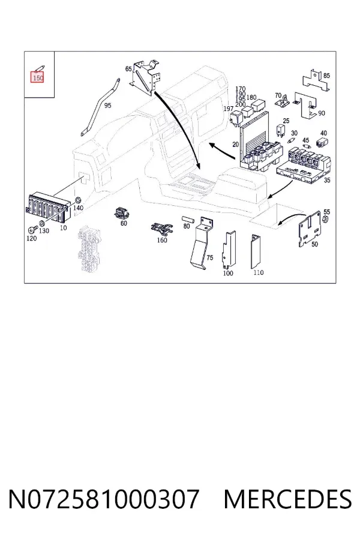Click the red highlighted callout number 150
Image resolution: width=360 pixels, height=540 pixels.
[38, 78]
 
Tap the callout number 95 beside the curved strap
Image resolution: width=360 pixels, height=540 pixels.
[108, 106]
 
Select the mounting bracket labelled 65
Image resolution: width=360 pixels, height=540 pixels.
[146, 77]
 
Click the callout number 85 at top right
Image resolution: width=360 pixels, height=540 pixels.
[326, 76]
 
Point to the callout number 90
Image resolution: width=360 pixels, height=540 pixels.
[322, 113]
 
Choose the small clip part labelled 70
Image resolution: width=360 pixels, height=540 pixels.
[283, 102]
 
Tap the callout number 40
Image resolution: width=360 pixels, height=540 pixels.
[323, 133]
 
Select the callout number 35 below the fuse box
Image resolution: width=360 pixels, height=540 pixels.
[327, 180]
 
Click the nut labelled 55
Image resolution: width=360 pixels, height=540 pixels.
[325, 220]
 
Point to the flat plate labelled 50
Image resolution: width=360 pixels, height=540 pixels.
[311, 229]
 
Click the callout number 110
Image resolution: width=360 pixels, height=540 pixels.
[259, 272]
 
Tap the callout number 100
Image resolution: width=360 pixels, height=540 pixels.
[228, 273]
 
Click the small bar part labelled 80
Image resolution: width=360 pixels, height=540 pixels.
[188, 220]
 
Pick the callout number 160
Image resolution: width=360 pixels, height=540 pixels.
[162, 240]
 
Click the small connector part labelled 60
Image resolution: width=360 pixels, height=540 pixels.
[121, 214]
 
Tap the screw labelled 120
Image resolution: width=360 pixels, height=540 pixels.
[31, 229]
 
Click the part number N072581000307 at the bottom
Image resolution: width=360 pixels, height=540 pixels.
[104, 499]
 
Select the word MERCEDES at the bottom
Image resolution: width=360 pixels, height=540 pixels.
[287, 499]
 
